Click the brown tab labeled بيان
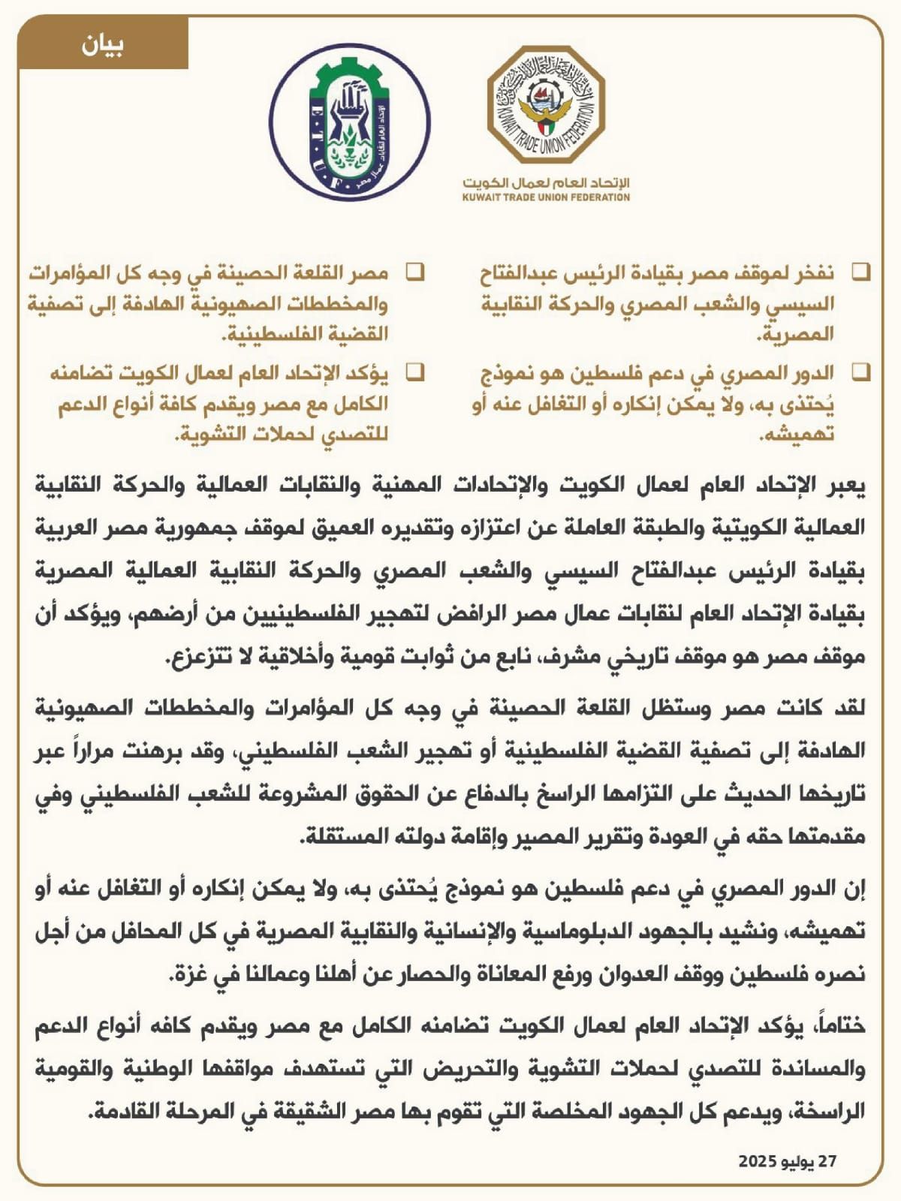tap(103, 46)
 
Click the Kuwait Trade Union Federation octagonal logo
tap(546, 105)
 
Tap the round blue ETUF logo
tap(350, 125)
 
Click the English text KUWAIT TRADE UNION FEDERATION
tap(546, 197)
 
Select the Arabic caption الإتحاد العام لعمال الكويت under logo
tap(546, 182)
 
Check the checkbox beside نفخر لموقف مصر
tap(861, 272)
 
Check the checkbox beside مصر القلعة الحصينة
tap(415, 272)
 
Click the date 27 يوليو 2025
tap(787, 1161)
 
